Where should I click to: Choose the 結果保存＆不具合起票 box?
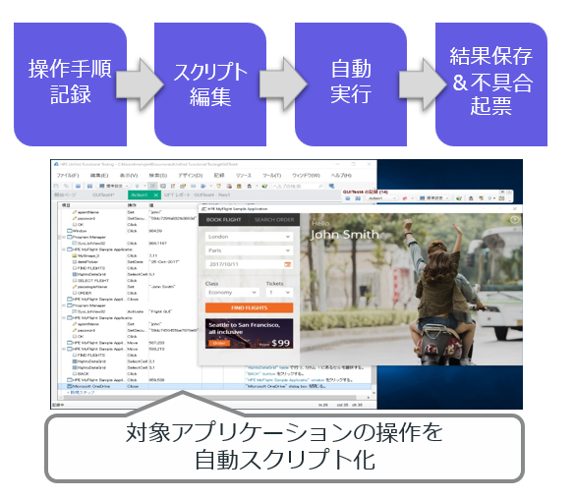[x=491, y=83]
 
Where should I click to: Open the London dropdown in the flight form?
[x=248, y=237]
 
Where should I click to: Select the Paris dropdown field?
[x=248, y=250]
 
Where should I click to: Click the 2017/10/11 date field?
[x=248, y=264]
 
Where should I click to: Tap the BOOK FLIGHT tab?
[x=223, y=219]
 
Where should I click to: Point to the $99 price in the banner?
[x=281, y=343]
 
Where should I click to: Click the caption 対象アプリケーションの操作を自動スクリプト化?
[x=287, y=445]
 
